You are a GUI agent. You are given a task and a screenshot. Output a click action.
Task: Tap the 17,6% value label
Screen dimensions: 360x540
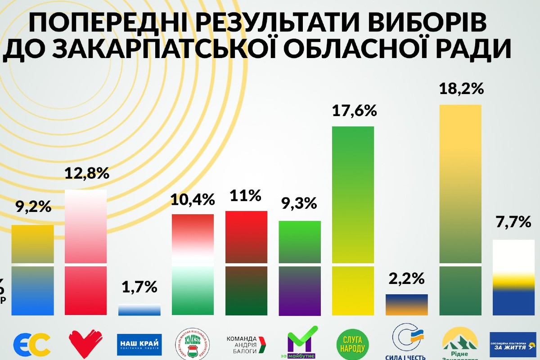point(353,110)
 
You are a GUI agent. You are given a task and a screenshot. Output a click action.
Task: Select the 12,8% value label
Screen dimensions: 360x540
point(86,173)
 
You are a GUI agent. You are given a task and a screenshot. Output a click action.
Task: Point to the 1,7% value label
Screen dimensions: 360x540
point(139,287)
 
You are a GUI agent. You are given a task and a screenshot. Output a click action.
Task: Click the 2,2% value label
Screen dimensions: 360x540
point(406,279)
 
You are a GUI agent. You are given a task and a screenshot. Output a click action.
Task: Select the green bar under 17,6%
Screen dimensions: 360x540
point(353,220)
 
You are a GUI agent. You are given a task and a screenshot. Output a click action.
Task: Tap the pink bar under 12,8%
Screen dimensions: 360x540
point(86,252)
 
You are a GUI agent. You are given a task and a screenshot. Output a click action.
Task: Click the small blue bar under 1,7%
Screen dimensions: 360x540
point(139,310)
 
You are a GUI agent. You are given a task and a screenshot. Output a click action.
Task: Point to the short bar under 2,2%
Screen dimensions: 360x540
point(406,305)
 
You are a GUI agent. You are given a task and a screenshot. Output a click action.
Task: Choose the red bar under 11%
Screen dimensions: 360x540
point(246,263)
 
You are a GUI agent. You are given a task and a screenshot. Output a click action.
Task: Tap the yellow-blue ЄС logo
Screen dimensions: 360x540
point(32,344)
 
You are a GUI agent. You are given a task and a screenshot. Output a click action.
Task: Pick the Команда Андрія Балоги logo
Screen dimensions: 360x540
point(246,344)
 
